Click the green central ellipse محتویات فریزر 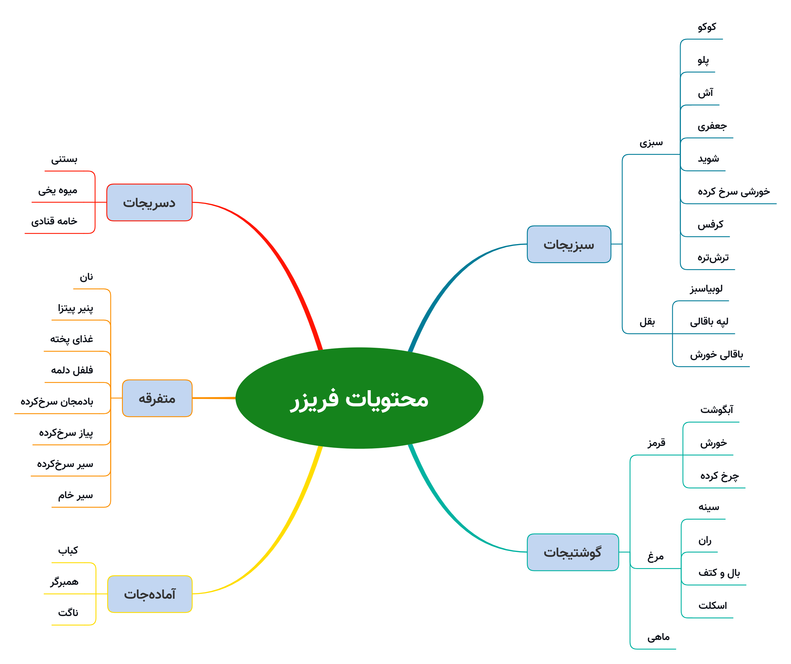[x=359, y=398]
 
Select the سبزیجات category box [x=569, y=244]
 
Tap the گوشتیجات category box [x=573, y=552]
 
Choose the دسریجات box [x=149, y=202]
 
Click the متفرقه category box [x=158, y=398]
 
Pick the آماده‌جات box [x=150, y=594]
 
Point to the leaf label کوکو [x=707, y=27]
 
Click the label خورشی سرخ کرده [x=734, y=191]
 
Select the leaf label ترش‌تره [x=713, y=257]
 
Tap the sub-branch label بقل [x=647, y=322]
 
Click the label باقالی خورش [x=716, y=355]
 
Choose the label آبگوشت [x=716, y=410]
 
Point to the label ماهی [x=658, y=637]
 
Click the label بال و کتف [x=719, y=573]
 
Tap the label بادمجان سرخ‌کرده [x=57, y=402]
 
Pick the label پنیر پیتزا [x=75, y=308]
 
